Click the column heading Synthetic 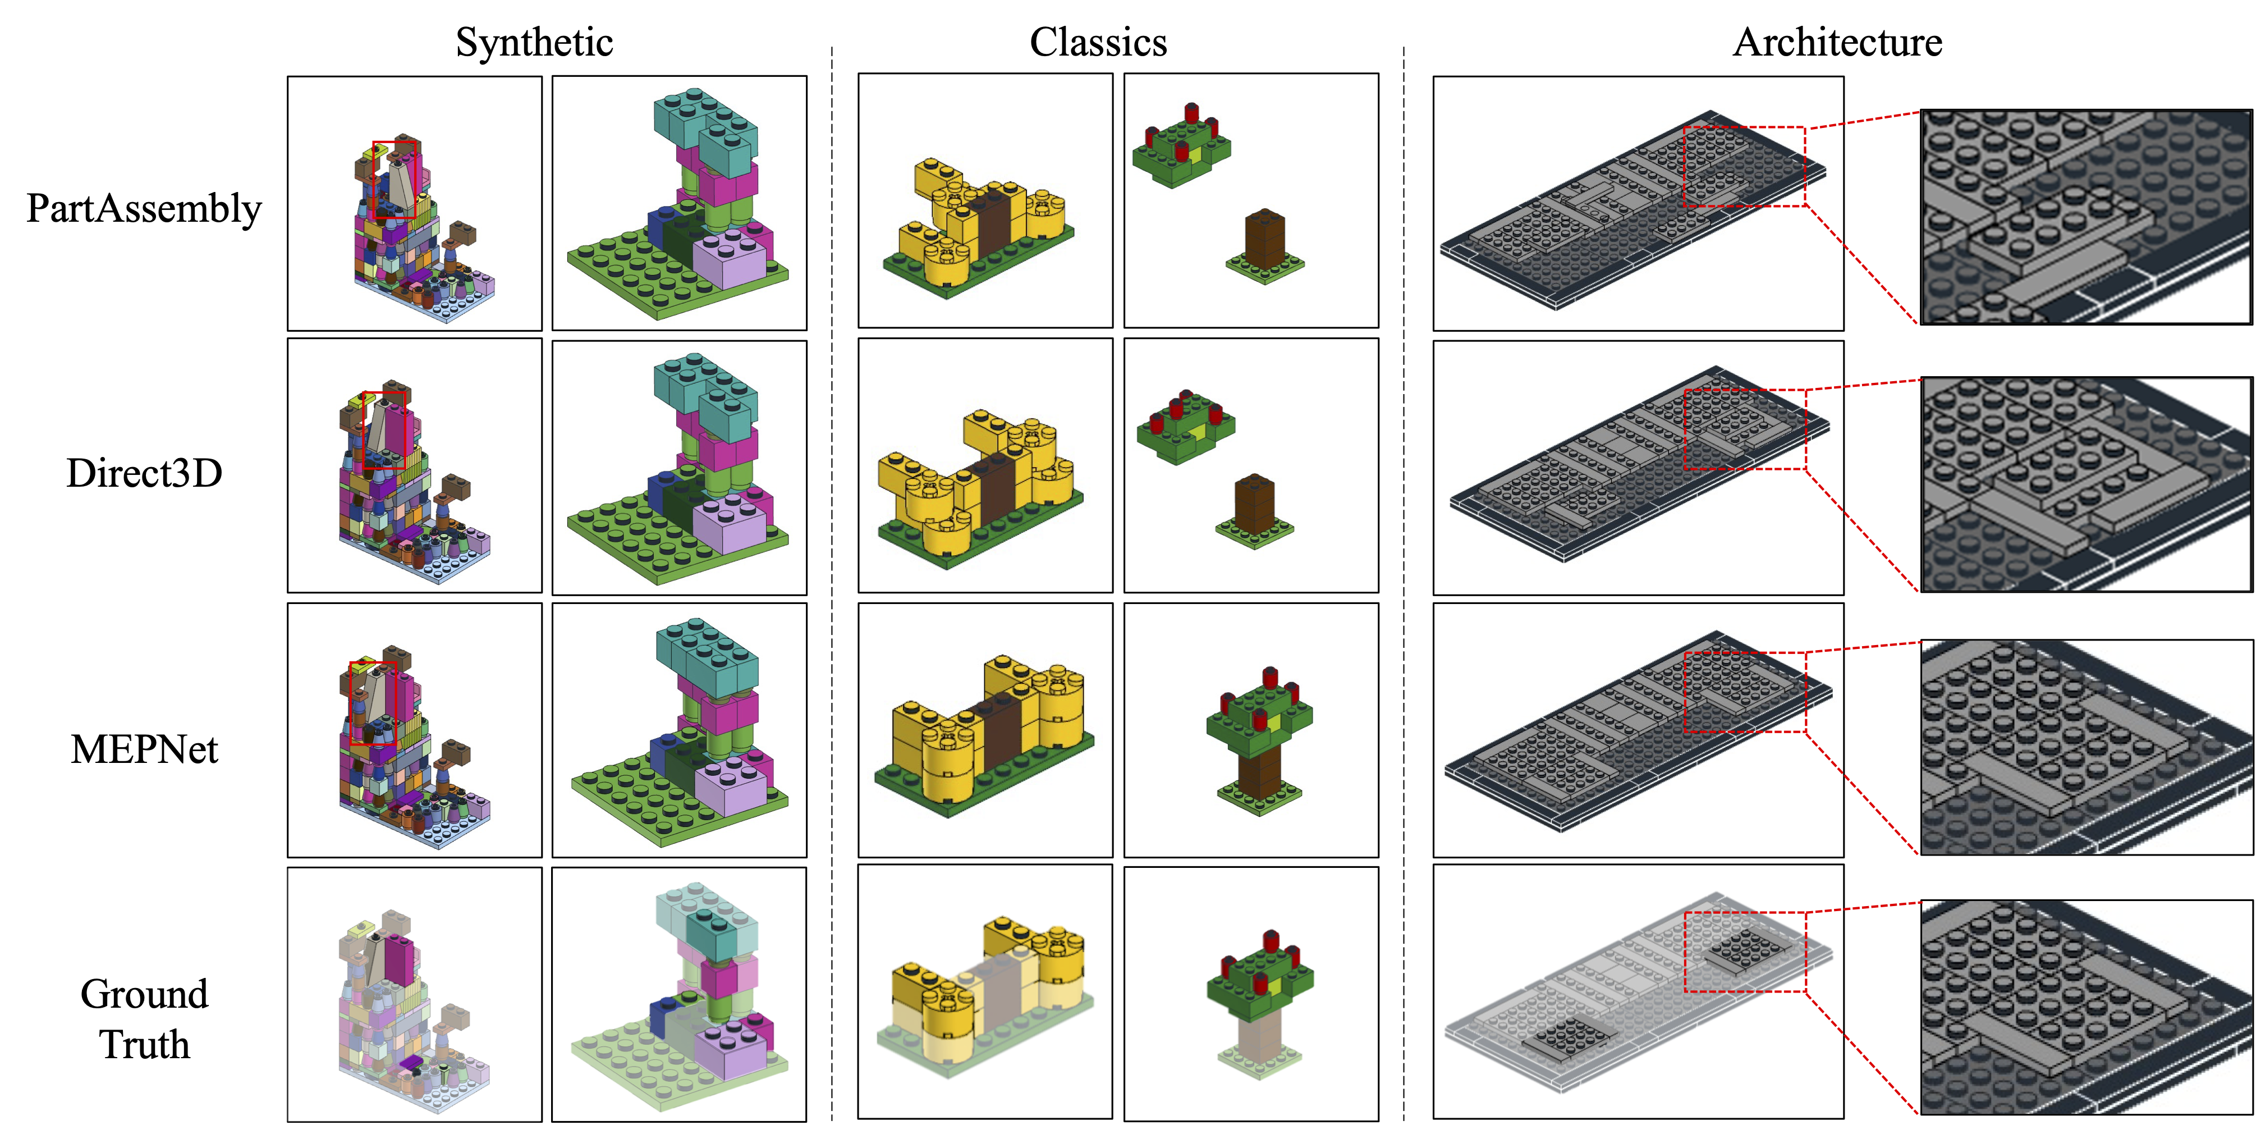coord(534,42)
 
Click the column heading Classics coord(1098,42)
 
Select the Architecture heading coord(1837,42)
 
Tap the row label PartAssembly coord(144,208)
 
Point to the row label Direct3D coord(144,473)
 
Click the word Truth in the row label coord(144,1044)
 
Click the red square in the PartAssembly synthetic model coord(394,180)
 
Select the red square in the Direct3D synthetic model coord(384,430)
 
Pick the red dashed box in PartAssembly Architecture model coord(1744,167)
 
